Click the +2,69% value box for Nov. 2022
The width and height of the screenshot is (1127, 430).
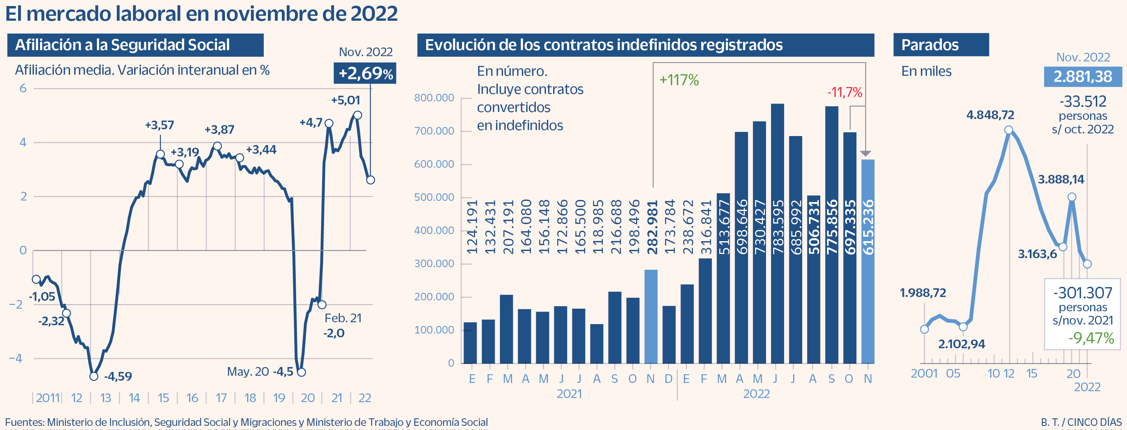coord(365,73)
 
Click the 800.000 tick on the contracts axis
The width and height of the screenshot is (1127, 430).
coord(434,98)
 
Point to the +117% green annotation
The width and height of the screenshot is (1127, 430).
coord(679,80)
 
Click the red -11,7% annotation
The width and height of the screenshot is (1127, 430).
coord(844,92)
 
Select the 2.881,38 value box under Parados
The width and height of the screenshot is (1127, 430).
coord(1083,77)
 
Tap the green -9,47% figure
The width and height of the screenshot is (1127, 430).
coord(1091,338)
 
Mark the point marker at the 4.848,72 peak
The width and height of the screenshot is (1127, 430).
coord(1008,130)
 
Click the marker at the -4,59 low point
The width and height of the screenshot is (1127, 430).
coord(93,376)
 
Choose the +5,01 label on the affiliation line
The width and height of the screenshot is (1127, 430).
coord(345,100)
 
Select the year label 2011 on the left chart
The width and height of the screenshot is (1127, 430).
coord(47,398)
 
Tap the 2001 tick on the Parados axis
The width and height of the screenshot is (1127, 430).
coord(924,373)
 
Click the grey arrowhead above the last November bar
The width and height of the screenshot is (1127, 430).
coord(866,153)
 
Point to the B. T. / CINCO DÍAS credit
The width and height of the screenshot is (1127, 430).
coord(1081,422)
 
